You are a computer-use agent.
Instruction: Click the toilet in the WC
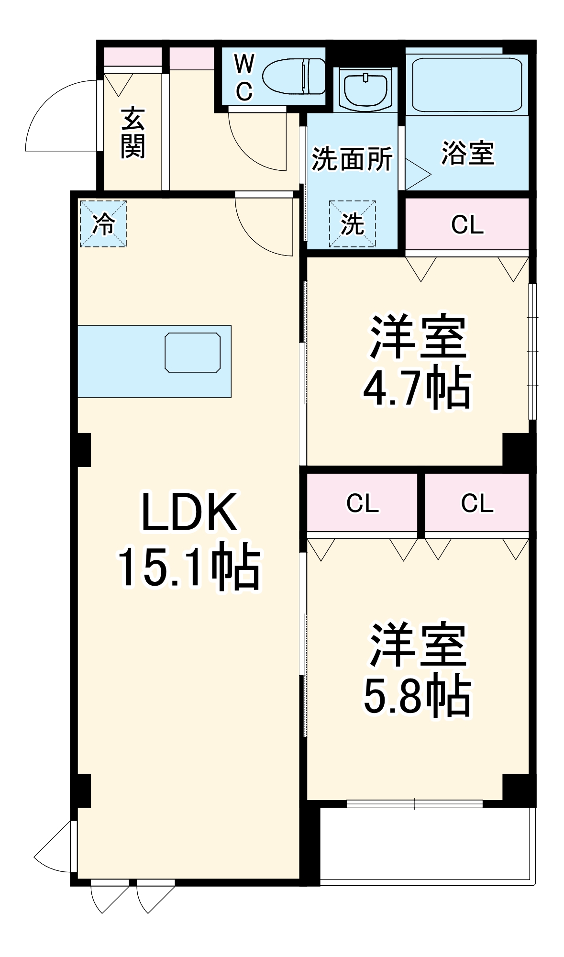[294, 77]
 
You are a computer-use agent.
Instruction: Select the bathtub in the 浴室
[467, 85]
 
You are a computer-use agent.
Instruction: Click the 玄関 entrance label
[133, 133]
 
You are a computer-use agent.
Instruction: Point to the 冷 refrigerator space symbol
[103, 223]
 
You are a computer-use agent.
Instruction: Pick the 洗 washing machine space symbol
[352, 223]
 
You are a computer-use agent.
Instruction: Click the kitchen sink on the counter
[193, 353]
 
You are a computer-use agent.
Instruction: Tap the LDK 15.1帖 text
[189, 540]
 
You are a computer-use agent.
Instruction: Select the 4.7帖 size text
[417, 387]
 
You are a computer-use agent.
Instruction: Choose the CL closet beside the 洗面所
[467, 224]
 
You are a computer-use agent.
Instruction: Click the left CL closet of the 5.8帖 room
[362, 503]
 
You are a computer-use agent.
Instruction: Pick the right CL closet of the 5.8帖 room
[477, 503]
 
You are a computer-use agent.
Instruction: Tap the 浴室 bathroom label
[467, 153]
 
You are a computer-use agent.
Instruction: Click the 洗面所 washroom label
[352, 158]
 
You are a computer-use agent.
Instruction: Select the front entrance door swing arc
[61, 116]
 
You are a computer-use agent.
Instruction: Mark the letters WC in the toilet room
[244, 78]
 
